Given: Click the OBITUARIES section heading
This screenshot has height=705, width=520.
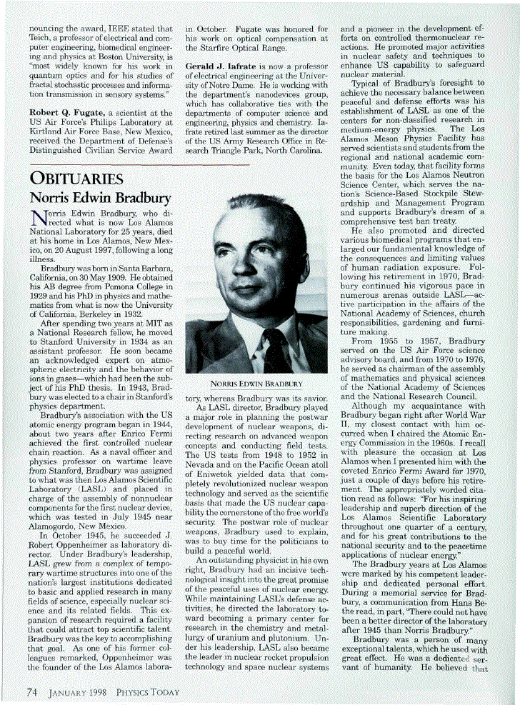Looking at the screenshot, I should [x=76, y=178].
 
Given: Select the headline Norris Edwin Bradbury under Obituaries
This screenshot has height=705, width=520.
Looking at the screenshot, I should [x=99, y=197].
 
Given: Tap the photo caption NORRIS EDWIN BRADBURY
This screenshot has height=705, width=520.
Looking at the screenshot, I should [x=256, y=384].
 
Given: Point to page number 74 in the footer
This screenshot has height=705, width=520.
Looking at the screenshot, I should [x=32, y=691].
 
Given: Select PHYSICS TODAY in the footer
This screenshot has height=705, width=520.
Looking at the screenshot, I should [x=149, y=691].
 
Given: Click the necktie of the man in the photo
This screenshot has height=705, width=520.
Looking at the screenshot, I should [x=276, y=343].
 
